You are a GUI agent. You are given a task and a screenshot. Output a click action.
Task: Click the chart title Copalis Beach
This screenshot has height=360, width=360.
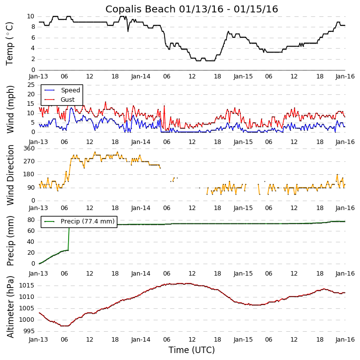[191, 9]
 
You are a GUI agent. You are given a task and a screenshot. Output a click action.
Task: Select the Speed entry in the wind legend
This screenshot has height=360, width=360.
[70, 90]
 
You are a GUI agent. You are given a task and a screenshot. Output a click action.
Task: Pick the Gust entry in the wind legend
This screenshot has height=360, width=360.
[68, 100]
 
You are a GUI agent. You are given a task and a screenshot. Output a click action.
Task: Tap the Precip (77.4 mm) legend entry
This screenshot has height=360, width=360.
[87, 221]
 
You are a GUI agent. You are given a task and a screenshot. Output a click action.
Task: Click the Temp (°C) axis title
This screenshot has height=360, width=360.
[10, 43]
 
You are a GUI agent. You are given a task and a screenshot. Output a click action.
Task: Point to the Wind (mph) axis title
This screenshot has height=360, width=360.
[10, 109]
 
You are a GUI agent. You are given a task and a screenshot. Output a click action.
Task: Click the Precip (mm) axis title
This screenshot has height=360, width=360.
[10, 240]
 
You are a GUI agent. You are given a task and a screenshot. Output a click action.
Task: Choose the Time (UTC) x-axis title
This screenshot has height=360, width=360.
[191, 350]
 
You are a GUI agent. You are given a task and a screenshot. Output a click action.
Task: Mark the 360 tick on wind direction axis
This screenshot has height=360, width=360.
[28, 148]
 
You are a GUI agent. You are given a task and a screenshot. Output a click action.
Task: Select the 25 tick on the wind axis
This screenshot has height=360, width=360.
[30, 85]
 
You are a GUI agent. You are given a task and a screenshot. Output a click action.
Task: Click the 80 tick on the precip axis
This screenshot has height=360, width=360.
[30, 220]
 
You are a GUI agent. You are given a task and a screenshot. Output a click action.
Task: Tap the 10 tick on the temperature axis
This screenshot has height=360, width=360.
[30, 16]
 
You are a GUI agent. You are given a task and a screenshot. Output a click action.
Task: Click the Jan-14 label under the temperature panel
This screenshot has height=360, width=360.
[141, 76]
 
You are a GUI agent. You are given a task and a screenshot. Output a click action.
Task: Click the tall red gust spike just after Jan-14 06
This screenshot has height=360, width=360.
[164, 106]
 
